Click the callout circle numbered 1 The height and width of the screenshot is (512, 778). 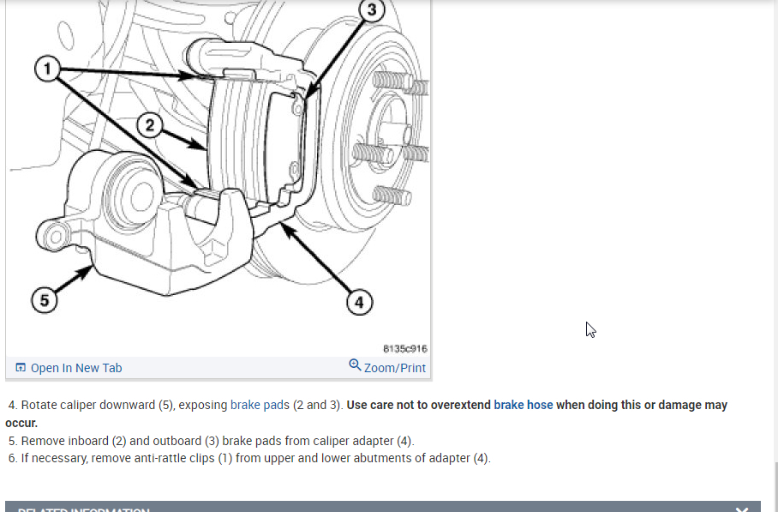tap(48, 68)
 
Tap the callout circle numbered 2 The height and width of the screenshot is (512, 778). tap(151, 126)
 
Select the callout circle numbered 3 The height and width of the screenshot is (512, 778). tap(370, 10)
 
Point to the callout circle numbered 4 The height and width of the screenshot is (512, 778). tap(359, 302)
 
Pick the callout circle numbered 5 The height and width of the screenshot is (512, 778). tap(45, 300)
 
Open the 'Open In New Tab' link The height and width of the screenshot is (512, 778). tap(76, 368)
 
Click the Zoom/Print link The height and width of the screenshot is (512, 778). tap(395, 368)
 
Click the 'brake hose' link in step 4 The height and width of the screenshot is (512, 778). tap(523, 405)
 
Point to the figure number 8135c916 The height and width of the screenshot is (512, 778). tap(404, 349)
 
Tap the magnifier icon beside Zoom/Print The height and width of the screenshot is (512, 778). tap(355, 366)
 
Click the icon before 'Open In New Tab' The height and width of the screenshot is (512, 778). tap(21, 368)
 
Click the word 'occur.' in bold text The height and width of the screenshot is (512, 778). tap(21, 423)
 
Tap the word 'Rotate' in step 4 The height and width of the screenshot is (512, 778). tap(40, 405)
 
